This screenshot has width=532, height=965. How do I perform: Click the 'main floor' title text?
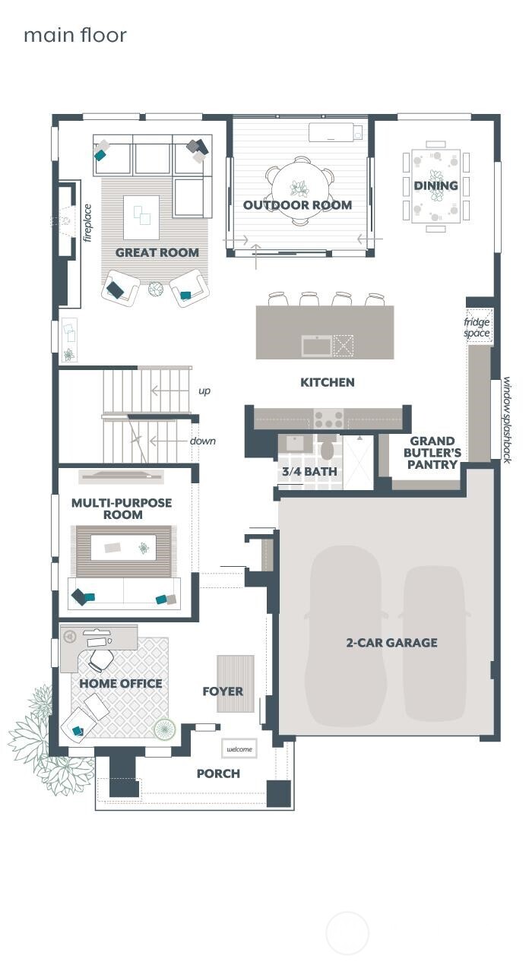(74, 35)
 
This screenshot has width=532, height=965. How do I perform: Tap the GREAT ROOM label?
(157, 252)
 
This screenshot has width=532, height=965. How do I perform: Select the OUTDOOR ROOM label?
(297, 205)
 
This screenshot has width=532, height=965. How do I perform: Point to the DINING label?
(435, 185)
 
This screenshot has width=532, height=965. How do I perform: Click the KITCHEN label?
(328, 382)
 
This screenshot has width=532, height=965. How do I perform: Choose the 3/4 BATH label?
(309, 472)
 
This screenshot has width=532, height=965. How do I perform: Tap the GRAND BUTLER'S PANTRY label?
(432, 453)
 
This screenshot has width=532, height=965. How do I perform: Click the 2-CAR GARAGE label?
(391, 643)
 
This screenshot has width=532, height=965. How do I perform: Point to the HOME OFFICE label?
(121, 684)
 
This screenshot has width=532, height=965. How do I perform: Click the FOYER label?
(223, 691)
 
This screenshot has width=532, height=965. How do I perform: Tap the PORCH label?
(218, 774)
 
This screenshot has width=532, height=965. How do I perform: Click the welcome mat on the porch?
(239, 748)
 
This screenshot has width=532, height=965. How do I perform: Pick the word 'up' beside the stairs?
(204, 391)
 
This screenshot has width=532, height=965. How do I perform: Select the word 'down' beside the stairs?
(203, 441)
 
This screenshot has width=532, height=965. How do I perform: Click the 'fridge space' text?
(477, 327)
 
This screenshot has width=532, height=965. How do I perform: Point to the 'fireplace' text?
(87, 222)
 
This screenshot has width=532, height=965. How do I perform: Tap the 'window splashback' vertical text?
(506, 420)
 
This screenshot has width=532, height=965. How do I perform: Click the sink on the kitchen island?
(316, 346)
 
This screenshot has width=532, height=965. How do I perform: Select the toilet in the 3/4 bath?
(328, 449)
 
